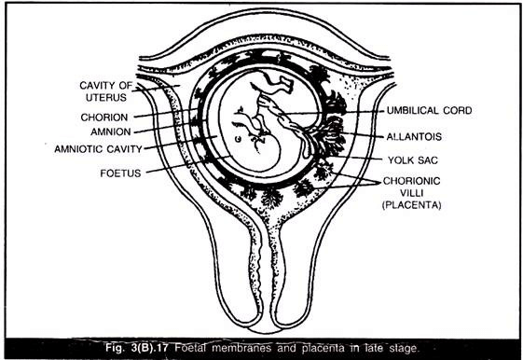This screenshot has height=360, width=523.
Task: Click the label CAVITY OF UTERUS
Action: point(104,91)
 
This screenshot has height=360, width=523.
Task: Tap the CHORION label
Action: point(103,118)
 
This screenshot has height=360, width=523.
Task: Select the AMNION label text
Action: point(103,132)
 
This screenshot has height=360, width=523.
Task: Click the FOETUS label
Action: point(120,173)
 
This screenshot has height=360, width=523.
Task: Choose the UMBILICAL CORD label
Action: point(430,110)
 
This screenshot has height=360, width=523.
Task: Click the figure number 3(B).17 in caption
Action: point(158,348)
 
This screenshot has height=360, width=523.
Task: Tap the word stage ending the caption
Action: point(416,348)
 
